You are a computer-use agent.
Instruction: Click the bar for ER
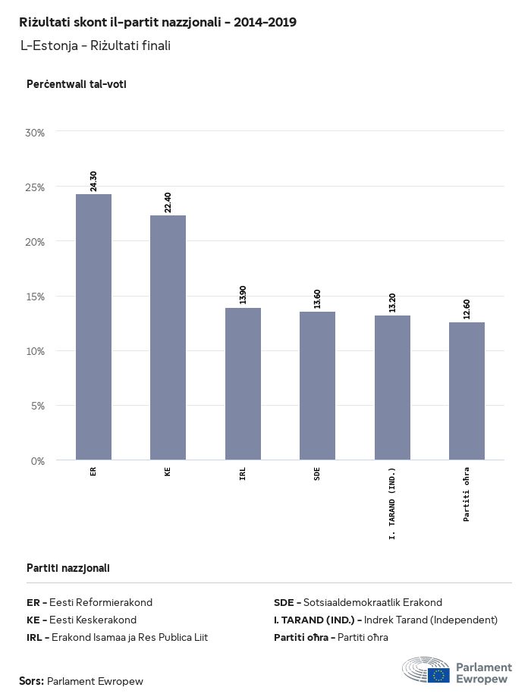tap(93, 327)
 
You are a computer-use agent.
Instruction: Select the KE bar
tap(168, 337)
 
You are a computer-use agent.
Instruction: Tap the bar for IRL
tap(243, 384)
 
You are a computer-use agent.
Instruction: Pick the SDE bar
tap(317, 385)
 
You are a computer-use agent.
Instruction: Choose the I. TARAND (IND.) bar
tap(392, 388)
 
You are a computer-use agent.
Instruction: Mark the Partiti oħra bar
tap(467, 391)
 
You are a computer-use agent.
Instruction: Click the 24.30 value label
tap(93, 181)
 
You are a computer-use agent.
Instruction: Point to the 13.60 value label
tap(317, 298)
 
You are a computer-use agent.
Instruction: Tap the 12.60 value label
tap(467, 309)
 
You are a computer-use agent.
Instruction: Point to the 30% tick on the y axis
tap(36, 132)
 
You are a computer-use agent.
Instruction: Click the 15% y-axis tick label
tap(36, 297)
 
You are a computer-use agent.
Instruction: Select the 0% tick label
tap(38, 460)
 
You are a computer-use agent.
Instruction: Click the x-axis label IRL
tap(243, 476)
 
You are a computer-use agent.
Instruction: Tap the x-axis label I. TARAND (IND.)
tap(392, 504)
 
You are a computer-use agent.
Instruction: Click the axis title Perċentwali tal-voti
tap(76, 84)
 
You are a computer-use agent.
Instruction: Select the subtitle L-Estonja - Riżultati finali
tap(96, 46)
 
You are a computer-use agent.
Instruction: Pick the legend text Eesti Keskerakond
tap(93, 620)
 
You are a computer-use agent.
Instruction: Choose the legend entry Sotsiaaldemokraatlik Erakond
tap(372, 602)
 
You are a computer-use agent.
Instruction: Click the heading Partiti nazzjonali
tap(68, 567)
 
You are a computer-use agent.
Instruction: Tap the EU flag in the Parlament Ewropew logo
tap(438, 673)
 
